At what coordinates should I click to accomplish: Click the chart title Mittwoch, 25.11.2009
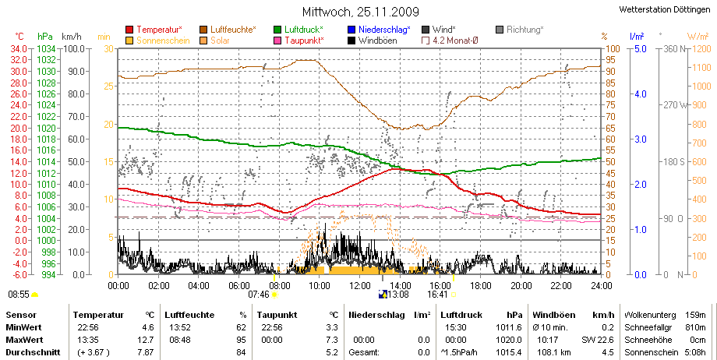point(360,12)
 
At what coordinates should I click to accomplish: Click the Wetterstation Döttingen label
point(665,9)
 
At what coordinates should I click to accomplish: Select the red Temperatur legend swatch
point(130,30)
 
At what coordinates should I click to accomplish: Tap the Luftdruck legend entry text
point(304,30)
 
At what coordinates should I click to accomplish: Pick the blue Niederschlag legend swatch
point(351,30)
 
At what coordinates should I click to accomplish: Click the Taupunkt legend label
point(304,41)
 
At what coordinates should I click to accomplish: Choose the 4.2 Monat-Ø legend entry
point(450,41)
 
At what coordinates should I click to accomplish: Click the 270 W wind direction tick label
point(676,105)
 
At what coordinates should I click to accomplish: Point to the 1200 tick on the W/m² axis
point(702,48)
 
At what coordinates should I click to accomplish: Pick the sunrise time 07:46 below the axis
point(259,295)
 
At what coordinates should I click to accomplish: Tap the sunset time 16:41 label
point(438,295)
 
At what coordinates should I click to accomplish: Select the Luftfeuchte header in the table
point(189,315)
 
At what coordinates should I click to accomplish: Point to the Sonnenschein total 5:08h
point(694,352)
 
